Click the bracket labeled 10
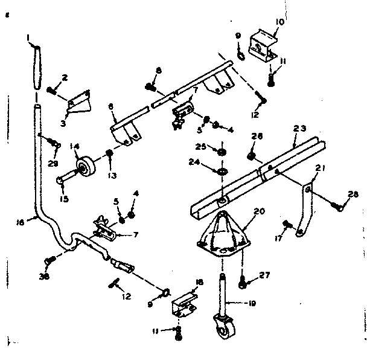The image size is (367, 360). click(x=264, y=48)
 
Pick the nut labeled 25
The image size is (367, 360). click(x=222, y=150)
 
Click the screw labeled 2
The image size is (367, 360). click(x=53, y=91)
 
